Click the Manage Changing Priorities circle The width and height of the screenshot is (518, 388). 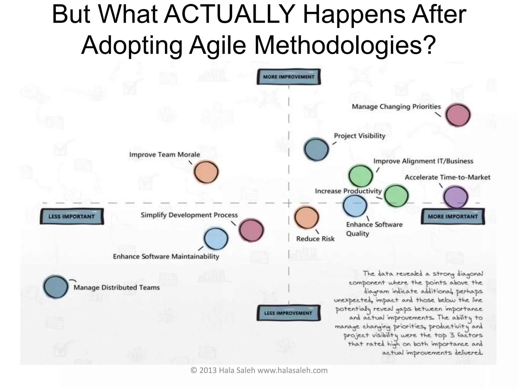458,115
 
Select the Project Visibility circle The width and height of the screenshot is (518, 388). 316,149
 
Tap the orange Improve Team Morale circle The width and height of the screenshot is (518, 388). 206,172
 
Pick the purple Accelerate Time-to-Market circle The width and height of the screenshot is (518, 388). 456,197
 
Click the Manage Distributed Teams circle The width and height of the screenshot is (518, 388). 56,287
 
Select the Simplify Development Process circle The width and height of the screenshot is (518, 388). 251,230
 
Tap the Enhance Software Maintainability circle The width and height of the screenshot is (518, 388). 216,239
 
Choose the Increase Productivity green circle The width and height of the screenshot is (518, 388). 396,196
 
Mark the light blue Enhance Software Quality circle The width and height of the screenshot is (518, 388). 355,206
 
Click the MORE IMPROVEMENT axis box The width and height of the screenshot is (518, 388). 289,77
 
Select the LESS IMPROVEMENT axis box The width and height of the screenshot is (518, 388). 288,313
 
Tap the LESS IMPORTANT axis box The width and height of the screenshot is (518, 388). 72,216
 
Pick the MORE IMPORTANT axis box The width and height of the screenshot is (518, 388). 453,216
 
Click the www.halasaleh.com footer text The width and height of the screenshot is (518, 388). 292,371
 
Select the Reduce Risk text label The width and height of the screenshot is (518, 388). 315,239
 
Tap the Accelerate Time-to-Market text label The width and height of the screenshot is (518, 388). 447,177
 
